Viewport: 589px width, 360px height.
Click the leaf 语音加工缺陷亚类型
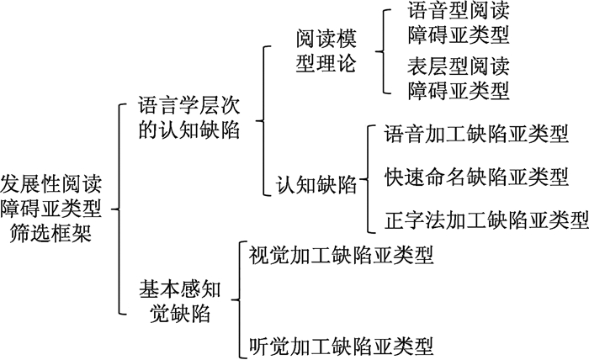coord(475,133)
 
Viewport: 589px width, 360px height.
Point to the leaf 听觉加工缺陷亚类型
coord(342,346)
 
